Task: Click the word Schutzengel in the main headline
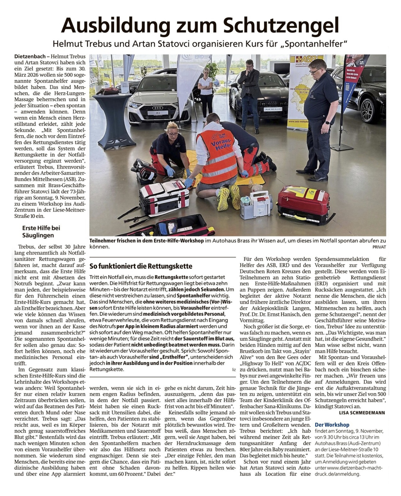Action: pos(281,25)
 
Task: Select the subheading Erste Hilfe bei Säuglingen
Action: pos(41,232)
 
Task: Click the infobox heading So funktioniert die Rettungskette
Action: pos(141,266)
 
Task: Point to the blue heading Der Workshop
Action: pos(332,425)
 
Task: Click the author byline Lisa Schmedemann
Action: pos(362,413)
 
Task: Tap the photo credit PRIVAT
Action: pos(379,247)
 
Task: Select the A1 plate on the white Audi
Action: pos(158,113)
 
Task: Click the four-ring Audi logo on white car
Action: pos(158,108)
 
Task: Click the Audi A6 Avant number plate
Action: pos(273,109)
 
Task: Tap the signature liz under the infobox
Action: pos(234,369)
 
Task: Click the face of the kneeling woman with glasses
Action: pos(173,132)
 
